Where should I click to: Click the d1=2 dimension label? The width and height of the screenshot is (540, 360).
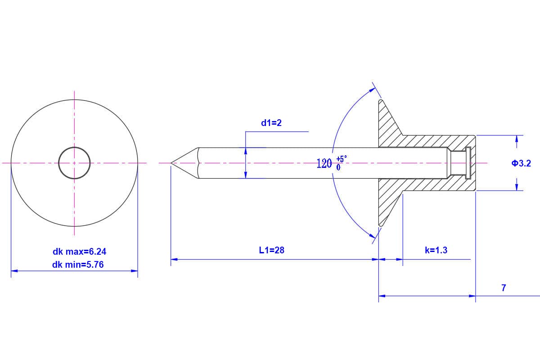271,123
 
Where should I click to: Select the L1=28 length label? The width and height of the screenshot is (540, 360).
272,250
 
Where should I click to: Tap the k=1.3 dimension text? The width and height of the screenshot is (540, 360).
436,250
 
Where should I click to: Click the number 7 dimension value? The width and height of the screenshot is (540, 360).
504,288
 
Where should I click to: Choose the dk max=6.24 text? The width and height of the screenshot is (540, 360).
80,252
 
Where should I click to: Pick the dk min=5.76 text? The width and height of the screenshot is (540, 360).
78,265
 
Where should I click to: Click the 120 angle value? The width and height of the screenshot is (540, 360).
324,163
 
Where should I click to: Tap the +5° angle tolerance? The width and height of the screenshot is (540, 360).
342,159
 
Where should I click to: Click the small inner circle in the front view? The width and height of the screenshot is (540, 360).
74,162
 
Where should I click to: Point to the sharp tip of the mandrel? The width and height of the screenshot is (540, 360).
172,163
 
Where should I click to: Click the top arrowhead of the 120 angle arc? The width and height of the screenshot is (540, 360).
373,90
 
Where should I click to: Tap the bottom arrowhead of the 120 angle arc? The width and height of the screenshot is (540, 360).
373,234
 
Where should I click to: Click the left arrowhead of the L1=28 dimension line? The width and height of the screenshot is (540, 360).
174,259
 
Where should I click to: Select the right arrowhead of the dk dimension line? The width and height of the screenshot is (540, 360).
135,271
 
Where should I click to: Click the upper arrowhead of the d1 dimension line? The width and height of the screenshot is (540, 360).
246,151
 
